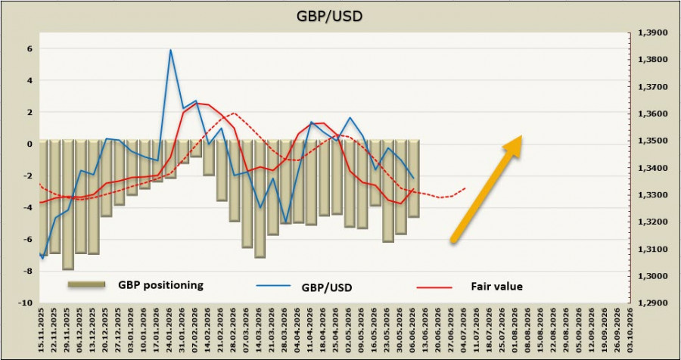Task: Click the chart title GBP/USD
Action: coord(330,16)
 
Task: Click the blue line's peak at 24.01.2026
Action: coord(170,49)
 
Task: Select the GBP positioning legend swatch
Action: coord(86,284)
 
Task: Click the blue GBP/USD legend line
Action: coord(272,286)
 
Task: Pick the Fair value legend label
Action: coord(496,286)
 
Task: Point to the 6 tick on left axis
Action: coord(30,49)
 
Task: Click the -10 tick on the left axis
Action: coord(26,303)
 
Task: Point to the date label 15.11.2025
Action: coord(42,329)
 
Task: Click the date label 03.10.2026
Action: coord(630,329)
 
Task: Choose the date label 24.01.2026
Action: coord(169,329)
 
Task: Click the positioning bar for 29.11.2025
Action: coord(68,204)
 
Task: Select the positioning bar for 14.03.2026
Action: coord(260,199)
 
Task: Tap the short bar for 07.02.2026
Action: coord(196,148)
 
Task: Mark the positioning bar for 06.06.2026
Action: coord(413,178)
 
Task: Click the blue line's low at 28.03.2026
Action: coord(285,222)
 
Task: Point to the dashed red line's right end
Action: coord(465,188)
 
